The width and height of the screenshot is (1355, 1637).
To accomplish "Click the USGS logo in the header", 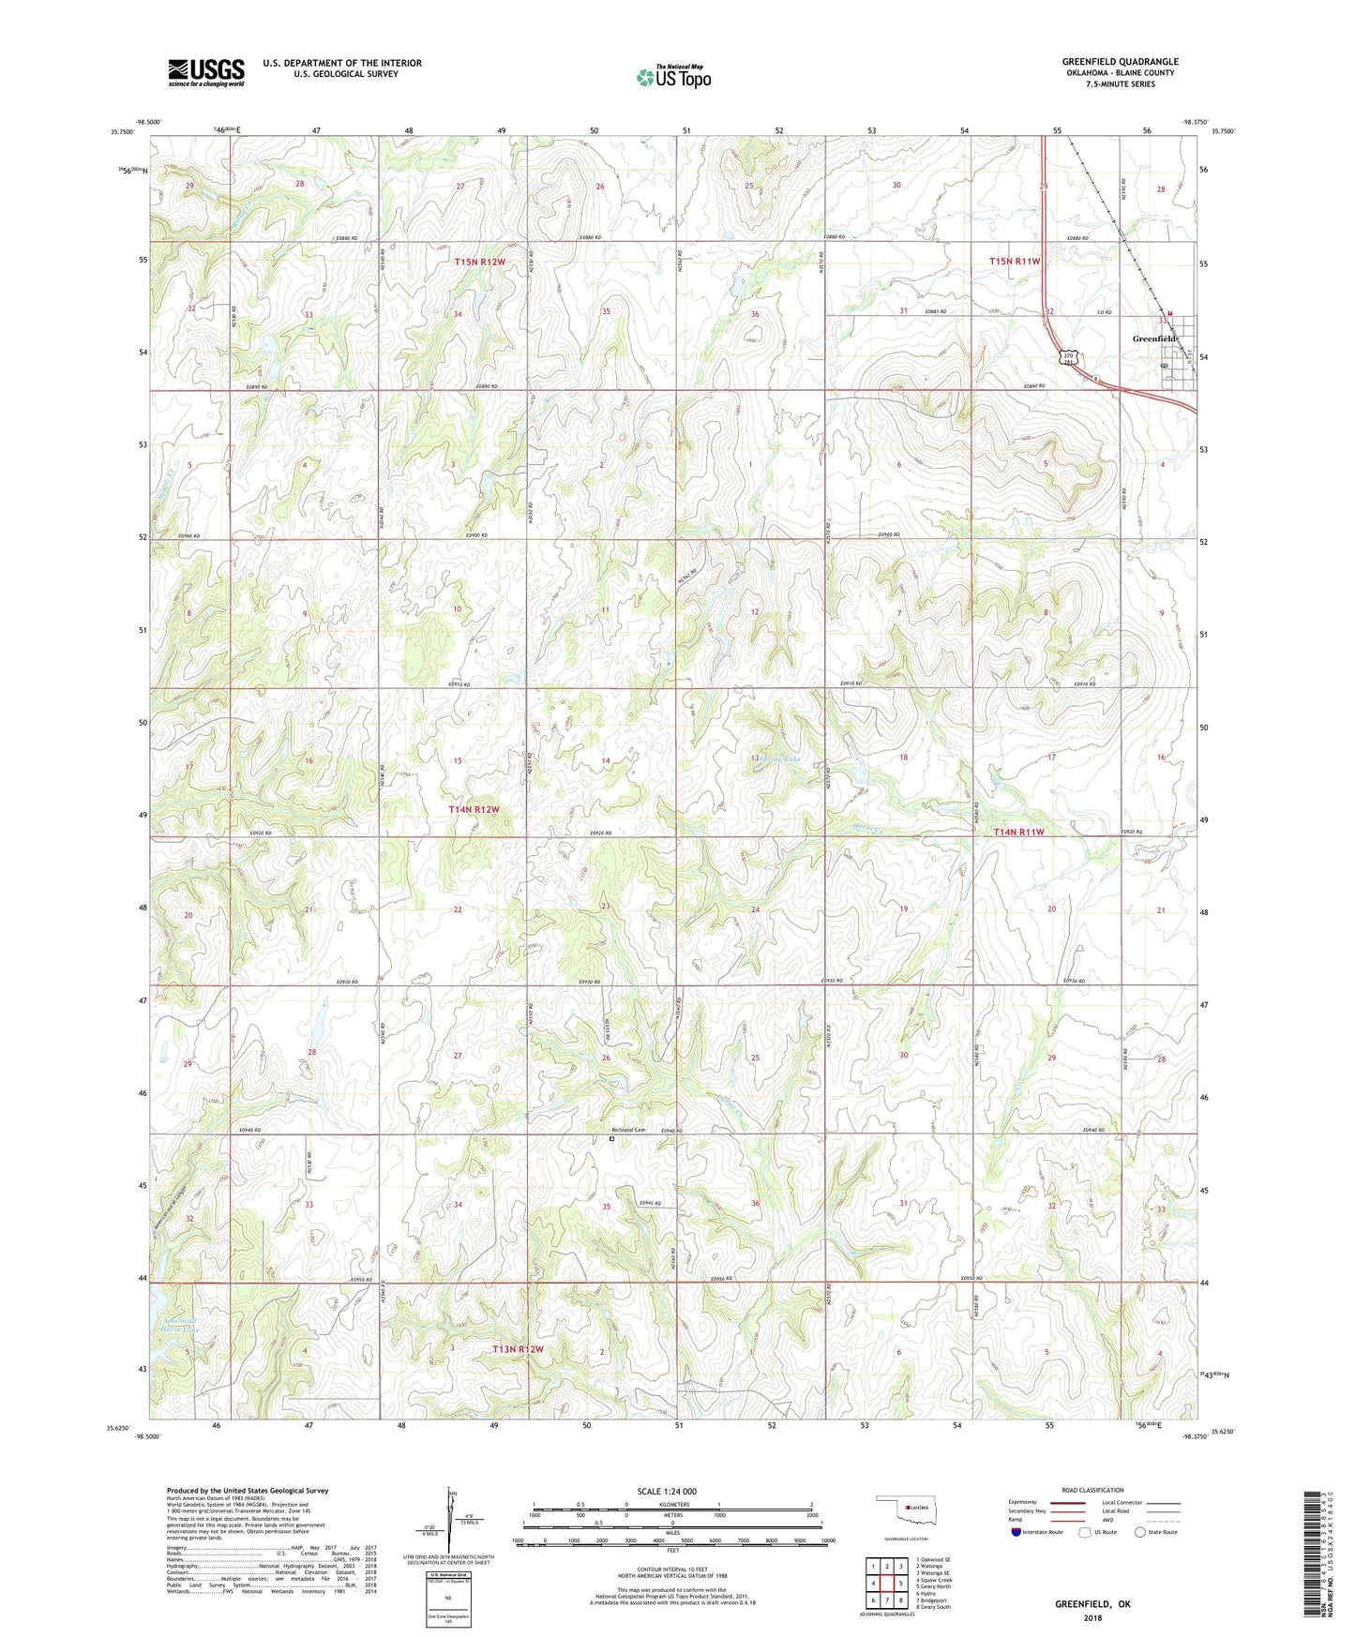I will (206, 72).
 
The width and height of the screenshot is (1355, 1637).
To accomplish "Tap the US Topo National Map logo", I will (674, 77).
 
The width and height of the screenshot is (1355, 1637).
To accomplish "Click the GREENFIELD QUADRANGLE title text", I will (1120, 61).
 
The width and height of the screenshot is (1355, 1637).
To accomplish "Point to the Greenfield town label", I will (1152, 338).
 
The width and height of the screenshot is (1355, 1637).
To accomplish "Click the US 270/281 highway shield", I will (1069, 358).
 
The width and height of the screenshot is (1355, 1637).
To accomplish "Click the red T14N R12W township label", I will (474, 808).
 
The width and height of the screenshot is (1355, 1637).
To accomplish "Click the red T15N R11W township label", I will (1015, 262).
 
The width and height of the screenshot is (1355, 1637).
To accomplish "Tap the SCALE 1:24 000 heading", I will (666, 1491).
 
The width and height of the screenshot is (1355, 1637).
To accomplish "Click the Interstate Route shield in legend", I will (1016, 1532).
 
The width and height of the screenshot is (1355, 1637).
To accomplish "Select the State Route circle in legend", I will (1140, 1532).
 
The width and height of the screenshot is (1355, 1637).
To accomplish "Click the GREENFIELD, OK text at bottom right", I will (1092, 1604).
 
